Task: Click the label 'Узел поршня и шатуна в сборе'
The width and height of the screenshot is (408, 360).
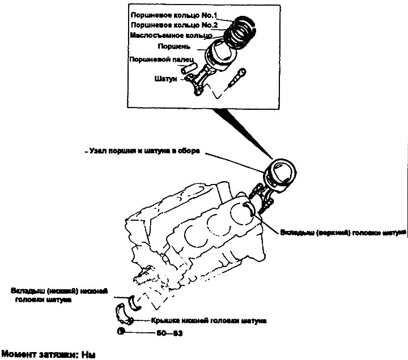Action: [x=144, y=152]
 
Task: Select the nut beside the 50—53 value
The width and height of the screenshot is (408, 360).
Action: [x=121, y=332]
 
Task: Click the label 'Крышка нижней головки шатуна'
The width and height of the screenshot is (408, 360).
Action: [x=208, y=321]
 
